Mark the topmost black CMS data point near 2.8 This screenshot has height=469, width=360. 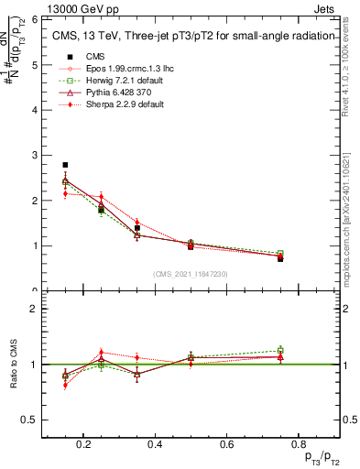[65, 165]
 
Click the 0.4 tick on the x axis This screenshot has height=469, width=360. [155, 445]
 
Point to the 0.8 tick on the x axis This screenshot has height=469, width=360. [296, 445]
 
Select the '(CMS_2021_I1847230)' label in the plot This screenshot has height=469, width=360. [191, 274]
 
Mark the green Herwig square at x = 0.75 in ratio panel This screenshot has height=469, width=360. [280, 350]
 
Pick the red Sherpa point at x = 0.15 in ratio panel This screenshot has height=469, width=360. [65, 385]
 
